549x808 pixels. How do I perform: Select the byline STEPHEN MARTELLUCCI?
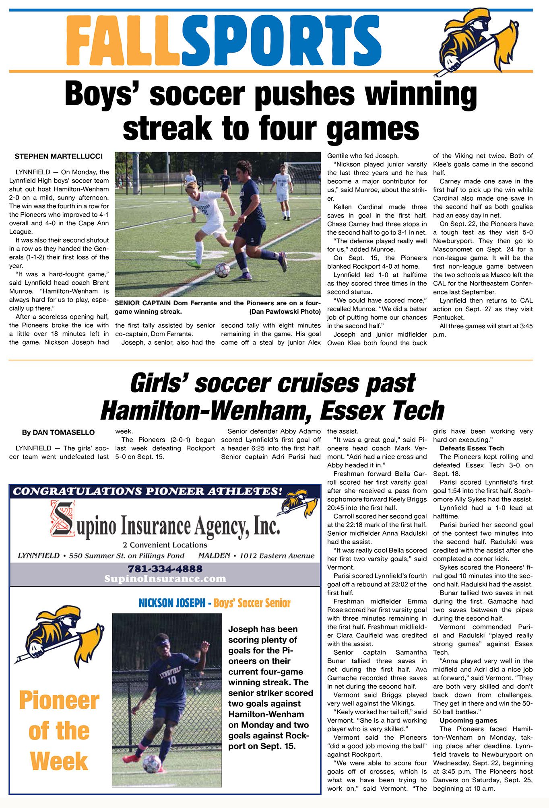click(x=58, y=156)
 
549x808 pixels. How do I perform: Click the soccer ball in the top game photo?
click(x=222, y=270)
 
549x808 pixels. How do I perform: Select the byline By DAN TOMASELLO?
click(x=58, y=433)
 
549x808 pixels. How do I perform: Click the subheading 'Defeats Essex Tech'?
click(x=471, y=448)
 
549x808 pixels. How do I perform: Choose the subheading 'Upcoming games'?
click(x=468, y=720)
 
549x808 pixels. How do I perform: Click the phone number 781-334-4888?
click(x=165, y=569)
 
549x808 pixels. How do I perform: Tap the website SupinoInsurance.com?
click(x=165, y=579)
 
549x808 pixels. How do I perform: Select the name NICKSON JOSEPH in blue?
click(x=172, y=603)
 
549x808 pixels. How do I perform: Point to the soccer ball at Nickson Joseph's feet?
click(x=152, y=764)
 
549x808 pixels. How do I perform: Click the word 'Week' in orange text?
click(x=59, y=762)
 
